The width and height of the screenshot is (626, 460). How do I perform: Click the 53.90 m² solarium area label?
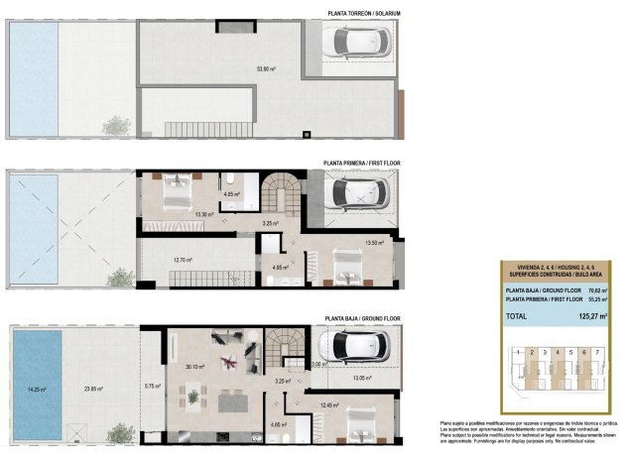266,69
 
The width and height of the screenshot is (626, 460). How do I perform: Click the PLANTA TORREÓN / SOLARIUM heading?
356,13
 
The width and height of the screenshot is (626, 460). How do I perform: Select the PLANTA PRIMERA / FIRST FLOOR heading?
362,163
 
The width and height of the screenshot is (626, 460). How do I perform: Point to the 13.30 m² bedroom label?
205,214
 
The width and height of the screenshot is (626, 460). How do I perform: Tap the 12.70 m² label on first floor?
182,261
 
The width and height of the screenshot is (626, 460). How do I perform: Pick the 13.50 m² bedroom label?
374,243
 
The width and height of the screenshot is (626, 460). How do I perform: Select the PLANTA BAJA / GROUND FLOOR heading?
362,319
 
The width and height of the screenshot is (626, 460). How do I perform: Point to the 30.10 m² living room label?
194,367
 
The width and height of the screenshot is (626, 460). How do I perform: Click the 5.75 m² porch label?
152,386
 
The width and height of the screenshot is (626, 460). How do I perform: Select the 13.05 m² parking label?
364,377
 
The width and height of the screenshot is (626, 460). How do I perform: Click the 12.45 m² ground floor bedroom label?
329,404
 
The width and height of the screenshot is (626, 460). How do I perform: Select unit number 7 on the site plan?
597,352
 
